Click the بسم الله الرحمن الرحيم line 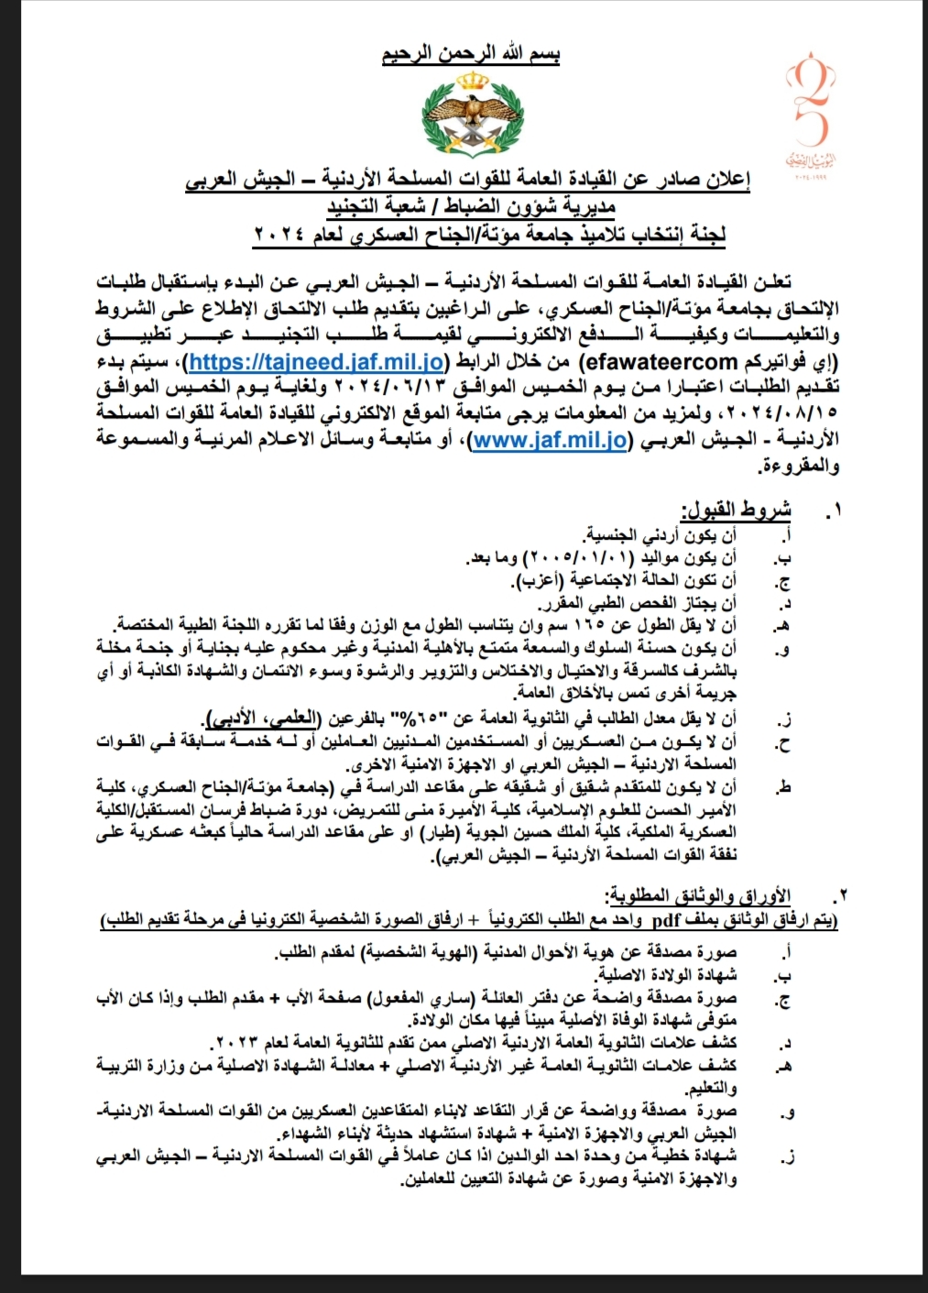pos(470,54)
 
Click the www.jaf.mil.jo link pos(549,441)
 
